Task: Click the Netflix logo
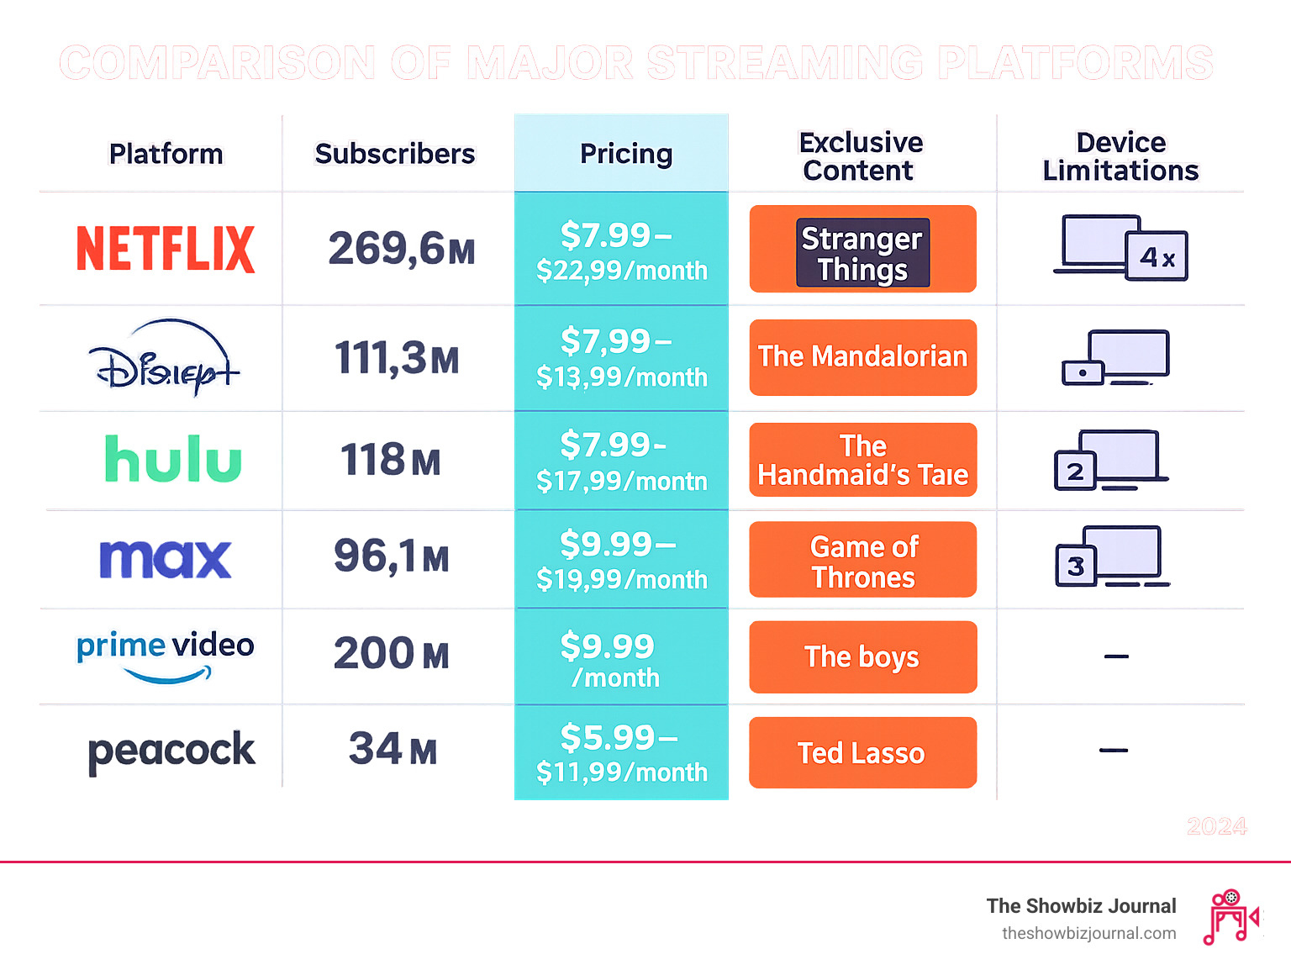click(166, 249)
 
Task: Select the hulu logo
click(173, 459)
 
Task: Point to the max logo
click(166, 558)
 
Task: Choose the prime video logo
click(166, 656)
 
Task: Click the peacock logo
click(171, 751)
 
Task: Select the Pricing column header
click(625, 154)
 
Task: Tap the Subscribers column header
click(394, 154)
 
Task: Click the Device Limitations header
click(1120, 156)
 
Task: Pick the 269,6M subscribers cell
click(401, 249)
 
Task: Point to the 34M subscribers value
click(393, 749)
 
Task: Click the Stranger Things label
click(862, 253)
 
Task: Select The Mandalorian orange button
click(862, 357)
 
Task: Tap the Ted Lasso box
click(862, 753)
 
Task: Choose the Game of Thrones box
click(862, 561)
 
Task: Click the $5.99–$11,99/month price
click(621, 753)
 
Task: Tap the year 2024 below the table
click(1216, 826)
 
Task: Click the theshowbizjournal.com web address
click(1088, 933)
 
